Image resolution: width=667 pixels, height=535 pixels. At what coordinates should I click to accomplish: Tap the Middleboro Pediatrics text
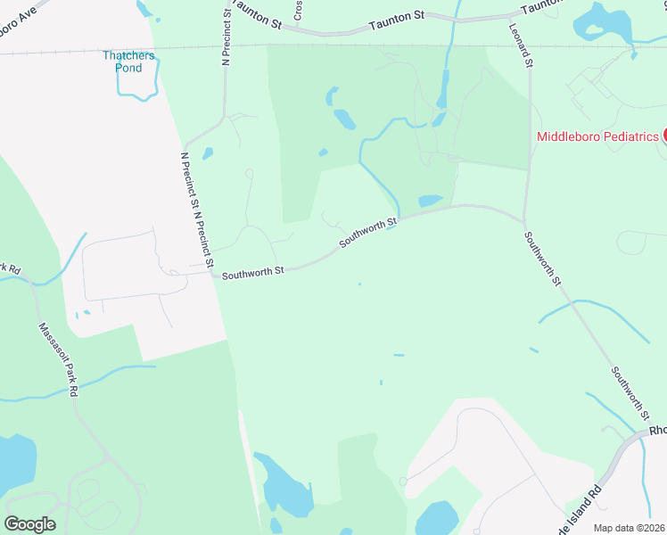[597, 136]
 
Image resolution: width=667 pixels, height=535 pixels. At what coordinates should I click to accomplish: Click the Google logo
[29, 524]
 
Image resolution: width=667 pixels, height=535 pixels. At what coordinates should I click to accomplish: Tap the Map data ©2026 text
[629, 528]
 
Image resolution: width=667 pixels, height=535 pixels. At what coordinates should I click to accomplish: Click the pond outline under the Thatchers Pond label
[137, 86]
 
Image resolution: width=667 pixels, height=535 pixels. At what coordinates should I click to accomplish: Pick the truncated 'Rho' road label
[657, 430]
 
